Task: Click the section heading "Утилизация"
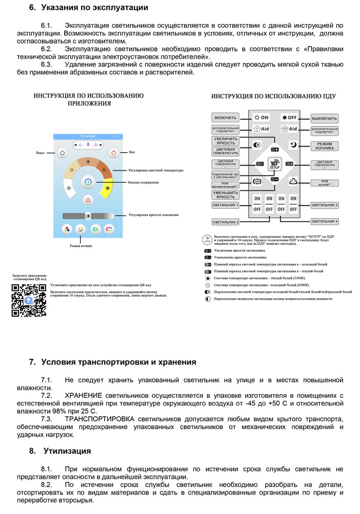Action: click(67, 451)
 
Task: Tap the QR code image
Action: click(29, 300)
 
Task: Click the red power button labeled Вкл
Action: click(113, 153)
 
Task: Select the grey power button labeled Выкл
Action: click(62, 153)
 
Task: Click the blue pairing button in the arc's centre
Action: click(88, 182)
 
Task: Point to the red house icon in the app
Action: click(88, 199)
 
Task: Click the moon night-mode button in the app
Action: click(80, 230)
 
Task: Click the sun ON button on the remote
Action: click(262, 118)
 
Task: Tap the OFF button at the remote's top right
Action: click(289, 118)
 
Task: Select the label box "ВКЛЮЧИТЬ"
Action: click(225, 118)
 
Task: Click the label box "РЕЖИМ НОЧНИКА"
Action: click(325, 146)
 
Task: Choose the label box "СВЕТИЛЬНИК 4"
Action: click(325, 222)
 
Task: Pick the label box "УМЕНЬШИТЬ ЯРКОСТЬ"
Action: click(225, 194)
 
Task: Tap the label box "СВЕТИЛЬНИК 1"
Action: click(225, 205)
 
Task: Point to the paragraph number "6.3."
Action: click(47, 64)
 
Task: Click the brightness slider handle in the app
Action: click(88, 216)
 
